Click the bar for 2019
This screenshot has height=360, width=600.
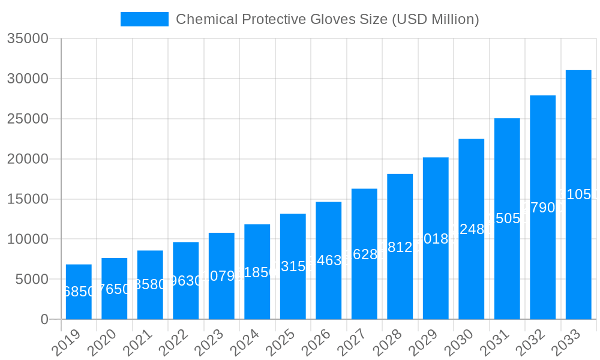79,292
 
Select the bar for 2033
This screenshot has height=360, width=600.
578,194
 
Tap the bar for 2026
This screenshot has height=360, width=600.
328,260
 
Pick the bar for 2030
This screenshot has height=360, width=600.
471,229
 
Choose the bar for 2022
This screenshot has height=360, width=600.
185,280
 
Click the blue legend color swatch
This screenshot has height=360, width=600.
145,19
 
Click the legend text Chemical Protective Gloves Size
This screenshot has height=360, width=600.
327,19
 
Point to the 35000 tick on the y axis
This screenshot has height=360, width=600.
28,39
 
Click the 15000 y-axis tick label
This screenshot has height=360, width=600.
28,199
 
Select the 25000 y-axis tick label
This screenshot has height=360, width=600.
28,119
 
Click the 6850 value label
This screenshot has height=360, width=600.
79,292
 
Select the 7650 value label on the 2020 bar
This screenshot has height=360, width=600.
114,289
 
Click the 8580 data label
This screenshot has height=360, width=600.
150,284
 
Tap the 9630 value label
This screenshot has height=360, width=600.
185,281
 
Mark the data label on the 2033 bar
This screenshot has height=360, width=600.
578,194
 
